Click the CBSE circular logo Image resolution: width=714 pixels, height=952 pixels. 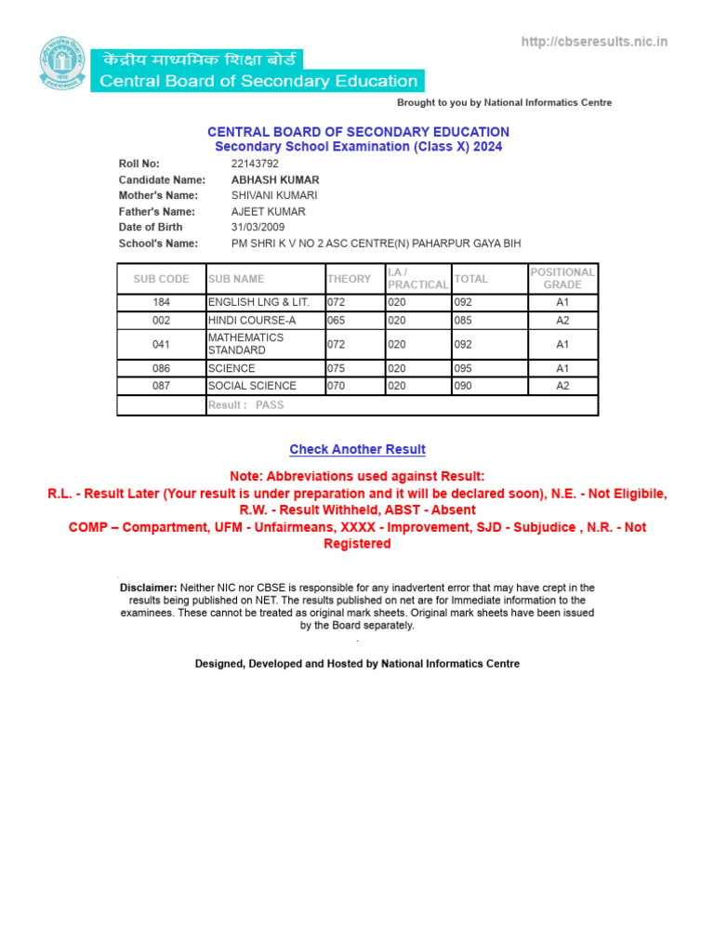pyautogui.click(x=60, y=63)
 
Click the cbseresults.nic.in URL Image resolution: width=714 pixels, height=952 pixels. pyautogui.click(x=594, y=42)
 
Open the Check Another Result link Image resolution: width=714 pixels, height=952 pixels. pyautogui.click(x=357, y=449)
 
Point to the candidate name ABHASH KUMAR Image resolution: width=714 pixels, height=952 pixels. pyautogui.click(x=275, y=179)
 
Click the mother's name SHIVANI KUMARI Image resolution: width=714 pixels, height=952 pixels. pyautogui.click(x=274, y=195)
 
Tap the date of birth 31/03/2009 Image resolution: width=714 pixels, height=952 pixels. pyautogui.click(x=258, y=227)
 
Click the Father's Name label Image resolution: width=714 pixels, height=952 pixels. pyautogui.click(x=157, y=211)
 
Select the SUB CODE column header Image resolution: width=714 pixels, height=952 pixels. pyautogui.click(x=161, y=279)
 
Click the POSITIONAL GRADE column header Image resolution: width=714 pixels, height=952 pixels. pyautogui.click(x=562, y=279)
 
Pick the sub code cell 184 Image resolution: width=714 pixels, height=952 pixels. pyautogui.click(x=161, y=302)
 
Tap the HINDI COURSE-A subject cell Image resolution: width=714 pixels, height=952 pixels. pyautogui.click(x=251, y=320)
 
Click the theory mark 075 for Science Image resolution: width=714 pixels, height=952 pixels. pyautogui.click(x=337, y=368)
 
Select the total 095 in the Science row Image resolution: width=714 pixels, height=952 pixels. pyautogui.click(x=463, y=368)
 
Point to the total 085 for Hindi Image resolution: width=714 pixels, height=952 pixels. pyautogui.click(x=463, y=320)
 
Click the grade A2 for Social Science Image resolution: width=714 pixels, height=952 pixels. pyautogui.click(x=562, y=386)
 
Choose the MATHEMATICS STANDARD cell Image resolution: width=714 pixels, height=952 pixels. pyautogui.click(x=246, y=344)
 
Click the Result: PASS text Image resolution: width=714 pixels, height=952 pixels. pyautogui.click(x=246, y=405)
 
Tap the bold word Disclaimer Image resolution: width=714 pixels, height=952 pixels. pyautogui.click(x=148, y=588)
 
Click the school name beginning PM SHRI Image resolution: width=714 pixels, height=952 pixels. pyautogui.click(x=376, y=244)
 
